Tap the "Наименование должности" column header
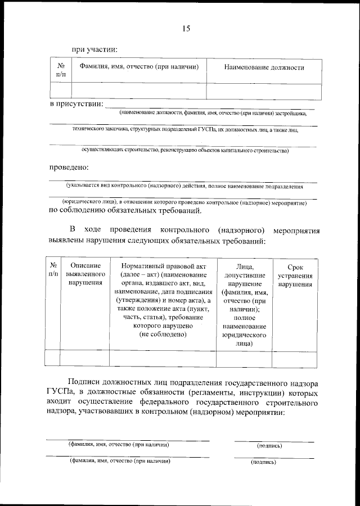coord(264,68)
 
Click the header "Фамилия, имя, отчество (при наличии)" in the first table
coord(139,67)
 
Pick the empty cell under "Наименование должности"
coord(264,91)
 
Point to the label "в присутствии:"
coord(76,104)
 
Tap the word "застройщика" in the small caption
coord(290,113)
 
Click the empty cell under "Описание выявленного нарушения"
coord(85,358)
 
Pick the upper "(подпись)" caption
coord(269,445)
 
